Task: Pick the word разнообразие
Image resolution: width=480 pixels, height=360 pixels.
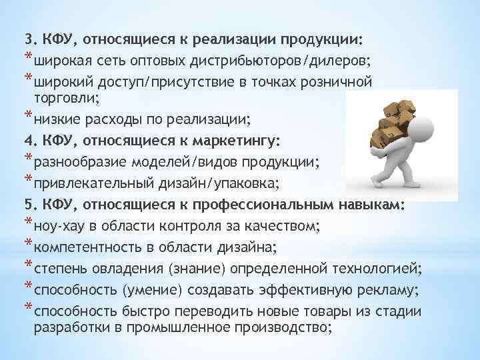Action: pos(75,163)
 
